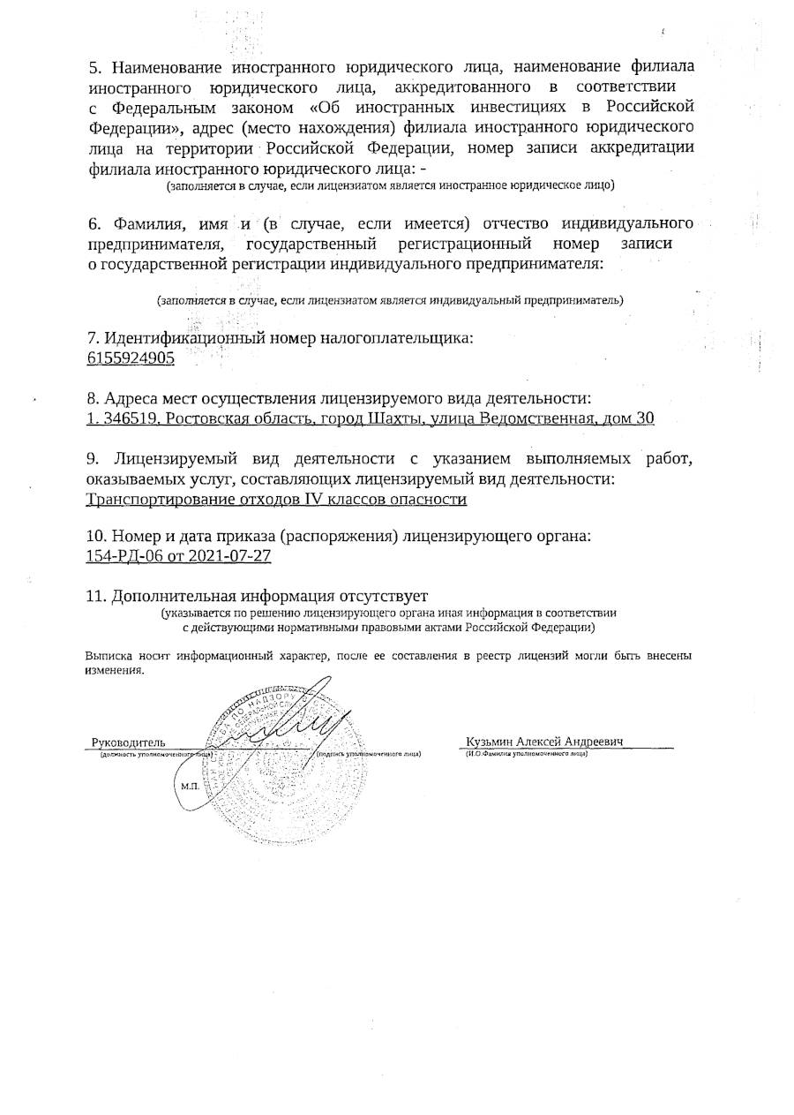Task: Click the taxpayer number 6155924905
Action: [130, 358]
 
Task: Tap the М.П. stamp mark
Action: [189, 785]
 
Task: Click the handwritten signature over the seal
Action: [291, 719]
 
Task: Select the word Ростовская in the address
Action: [207, 418]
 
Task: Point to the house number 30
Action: [645, 418]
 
